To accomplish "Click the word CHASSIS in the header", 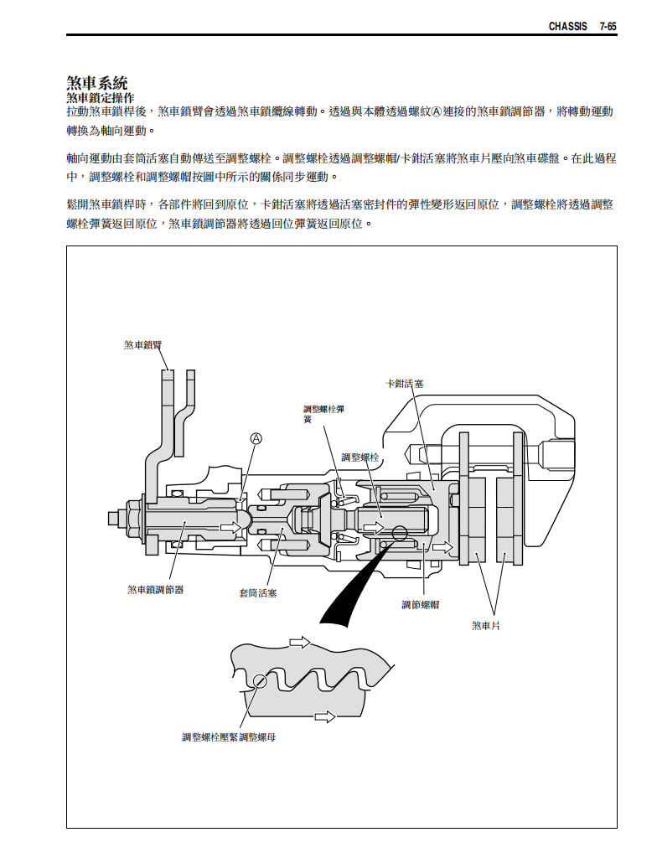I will click(x=567, y=27).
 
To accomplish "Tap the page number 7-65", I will click(x=608, y=27).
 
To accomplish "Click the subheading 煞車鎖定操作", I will click(x=100, y=98).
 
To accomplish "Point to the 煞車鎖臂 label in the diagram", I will click(x=143, y=344).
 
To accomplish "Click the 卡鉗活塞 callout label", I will click(x=404, y=384).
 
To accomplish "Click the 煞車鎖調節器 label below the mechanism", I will click(x=155, y=590).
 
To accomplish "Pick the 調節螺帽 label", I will click(x=421, y=604).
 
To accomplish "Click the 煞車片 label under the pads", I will click(x=486, y=625).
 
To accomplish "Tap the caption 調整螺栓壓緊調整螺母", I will click(x=229, y=737).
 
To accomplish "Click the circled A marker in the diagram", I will click(x=257, y=438).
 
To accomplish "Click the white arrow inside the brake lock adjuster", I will click(x=228, y=527).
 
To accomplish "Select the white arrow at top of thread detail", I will click(x=299, y=643).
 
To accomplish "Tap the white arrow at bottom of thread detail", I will click(x=325, y=716).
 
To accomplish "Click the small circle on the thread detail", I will click(x=261, y=680).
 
